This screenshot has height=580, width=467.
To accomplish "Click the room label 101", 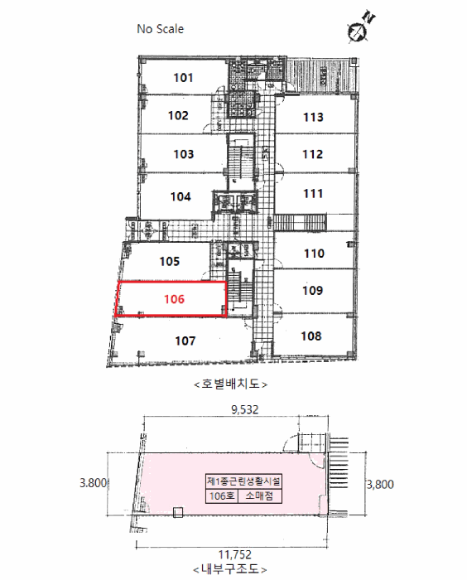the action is (183, 78).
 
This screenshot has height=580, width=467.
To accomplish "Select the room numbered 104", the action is (181, 196).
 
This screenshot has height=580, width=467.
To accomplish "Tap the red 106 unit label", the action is (174, 299).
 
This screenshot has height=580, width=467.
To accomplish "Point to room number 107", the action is (185, 341).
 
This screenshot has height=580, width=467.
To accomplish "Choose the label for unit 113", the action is (313, 118).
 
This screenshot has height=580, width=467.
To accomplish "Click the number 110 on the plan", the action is (314, 254).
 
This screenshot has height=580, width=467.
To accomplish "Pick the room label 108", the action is (311, 336).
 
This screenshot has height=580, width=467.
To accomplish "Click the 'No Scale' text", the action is (160, 29).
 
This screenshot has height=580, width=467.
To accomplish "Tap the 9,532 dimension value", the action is (245, 409).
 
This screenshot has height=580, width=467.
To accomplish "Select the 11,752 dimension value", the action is (235, 554).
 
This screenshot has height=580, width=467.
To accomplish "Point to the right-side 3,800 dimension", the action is (381, 484).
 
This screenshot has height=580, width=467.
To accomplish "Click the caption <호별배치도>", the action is (231, 384).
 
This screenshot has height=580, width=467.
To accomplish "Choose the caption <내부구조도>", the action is (230, 569).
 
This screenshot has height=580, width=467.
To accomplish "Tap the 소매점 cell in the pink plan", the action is (259, 495).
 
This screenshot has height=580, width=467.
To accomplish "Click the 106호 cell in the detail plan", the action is (222, 495).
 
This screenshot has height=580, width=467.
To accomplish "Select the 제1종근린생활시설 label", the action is (244, 481).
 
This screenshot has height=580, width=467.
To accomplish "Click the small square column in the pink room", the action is (178, 512).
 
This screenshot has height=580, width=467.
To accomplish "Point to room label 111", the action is (313, 193).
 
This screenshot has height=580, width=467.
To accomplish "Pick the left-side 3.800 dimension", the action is (94, 483).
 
